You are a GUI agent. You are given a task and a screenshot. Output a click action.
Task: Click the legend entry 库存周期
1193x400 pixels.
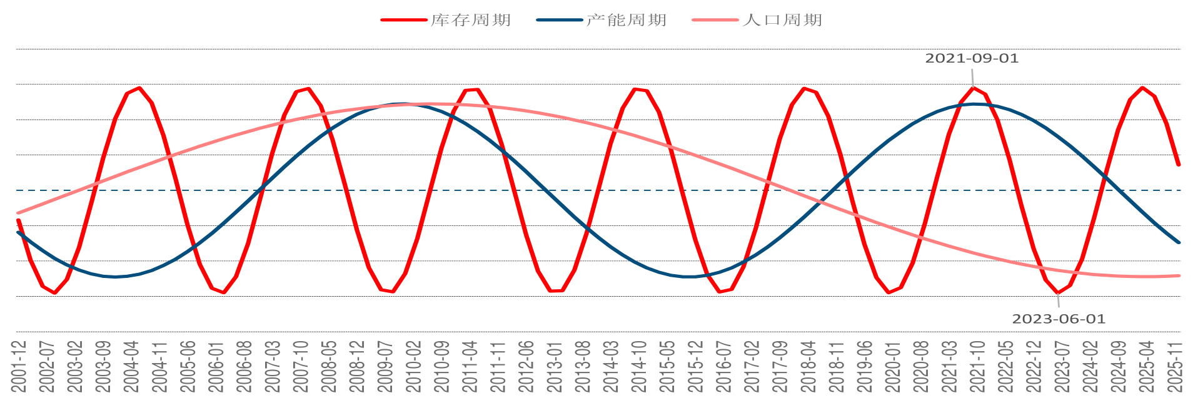[471, 20]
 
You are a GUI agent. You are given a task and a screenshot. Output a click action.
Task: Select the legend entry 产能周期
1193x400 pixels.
[626, 20]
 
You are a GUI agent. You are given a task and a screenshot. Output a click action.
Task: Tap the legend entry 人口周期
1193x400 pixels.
[782, 20]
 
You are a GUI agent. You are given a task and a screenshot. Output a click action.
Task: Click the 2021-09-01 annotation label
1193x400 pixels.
[972, 58]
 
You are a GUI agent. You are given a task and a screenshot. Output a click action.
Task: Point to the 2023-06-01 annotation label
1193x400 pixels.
[1059, 319]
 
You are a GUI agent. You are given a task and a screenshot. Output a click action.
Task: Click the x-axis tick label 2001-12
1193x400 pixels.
[19, 366]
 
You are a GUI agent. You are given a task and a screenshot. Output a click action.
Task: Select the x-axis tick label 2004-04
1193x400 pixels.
[131, 366]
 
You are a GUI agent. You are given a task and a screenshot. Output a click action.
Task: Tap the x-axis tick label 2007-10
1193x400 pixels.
[301, 366]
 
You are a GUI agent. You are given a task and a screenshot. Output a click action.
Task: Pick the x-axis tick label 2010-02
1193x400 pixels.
[413, 366]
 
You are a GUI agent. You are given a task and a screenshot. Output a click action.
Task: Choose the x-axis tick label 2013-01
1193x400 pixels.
[555, 366]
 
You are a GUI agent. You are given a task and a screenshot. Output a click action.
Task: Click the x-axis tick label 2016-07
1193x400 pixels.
[723, 366]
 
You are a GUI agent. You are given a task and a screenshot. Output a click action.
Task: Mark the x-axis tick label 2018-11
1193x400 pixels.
[837, 366]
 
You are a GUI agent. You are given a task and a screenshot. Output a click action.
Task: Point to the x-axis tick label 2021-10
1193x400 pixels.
[977, 366]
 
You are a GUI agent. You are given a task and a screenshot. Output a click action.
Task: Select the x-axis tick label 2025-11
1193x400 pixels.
[1175, 366]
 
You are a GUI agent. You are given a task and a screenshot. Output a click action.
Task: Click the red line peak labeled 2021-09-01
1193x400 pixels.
[973, 88]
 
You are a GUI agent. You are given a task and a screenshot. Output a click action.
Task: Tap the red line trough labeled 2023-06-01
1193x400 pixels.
[1058, 292]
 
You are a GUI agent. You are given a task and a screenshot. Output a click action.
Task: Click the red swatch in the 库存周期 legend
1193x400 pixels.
[403, 20]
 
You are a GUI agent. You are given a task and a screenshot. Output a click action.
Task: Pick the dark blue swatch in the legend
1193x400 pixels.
[559, 20]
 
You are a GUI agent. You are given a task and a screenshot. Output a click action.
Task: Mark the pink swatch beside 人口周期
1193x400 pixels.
[715, 20]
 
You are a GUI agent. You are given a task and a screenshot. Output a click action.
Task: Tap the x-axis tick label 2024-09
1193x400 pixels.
[1119, 366]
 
